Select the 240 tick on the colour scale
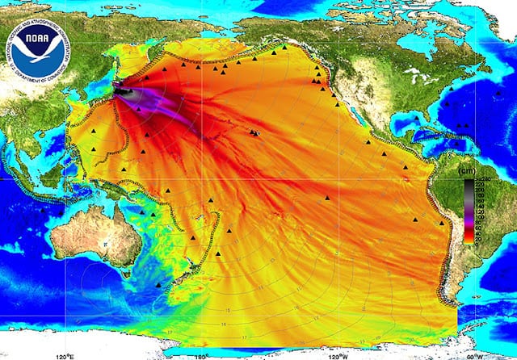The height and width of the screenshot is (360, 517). pos(485,178)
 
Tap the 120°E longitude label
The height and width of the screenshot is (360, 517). pos(65,354)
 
